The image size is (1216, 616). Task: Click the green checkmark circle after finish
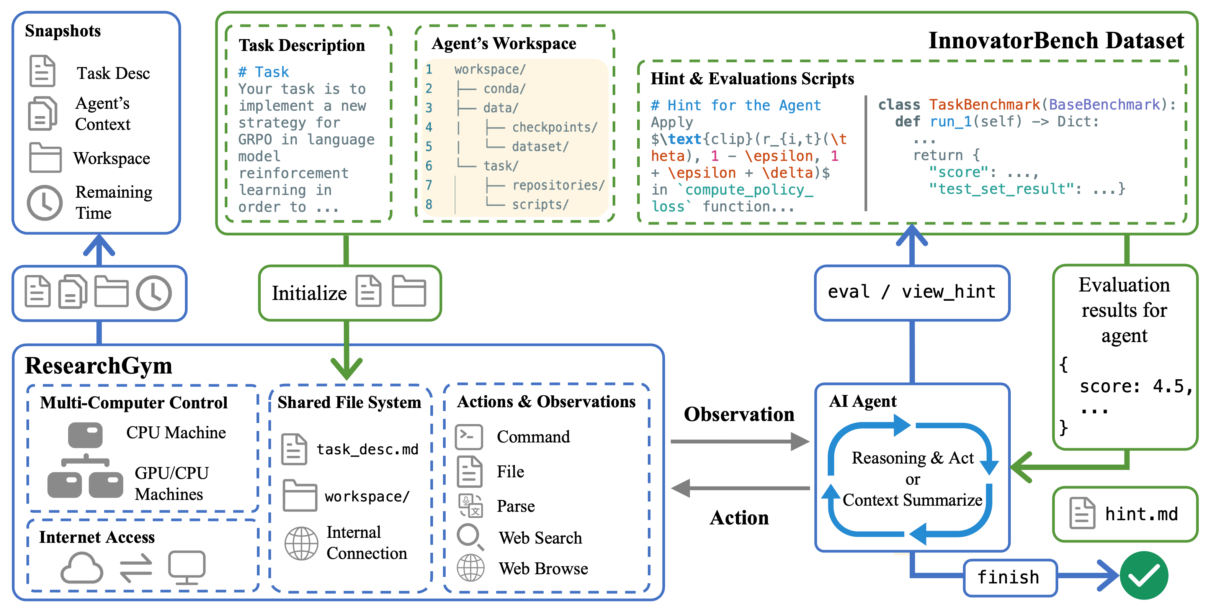1143,575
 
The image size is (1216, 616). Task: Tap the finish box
1009,577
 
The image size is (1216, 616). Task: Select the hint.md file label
1141,514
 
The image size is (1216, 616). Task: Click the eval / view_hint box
912,292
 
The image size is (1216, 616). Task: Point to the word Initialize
309,293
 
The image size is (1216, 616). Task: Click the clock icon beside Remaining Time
44,202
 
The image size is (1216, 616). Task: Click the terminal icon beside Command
469,436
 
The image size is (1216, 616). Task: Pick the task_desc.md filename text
367,449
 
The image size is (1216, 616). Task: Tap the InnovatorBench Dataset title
1056,41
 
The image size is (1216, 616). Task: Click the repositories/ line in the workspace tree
558,185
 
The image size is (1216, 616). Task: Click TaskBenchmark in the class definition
984,105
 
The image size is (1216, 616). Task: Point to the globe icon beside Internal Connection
301,543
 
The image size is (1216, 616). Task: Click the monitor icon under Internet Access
187,567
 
